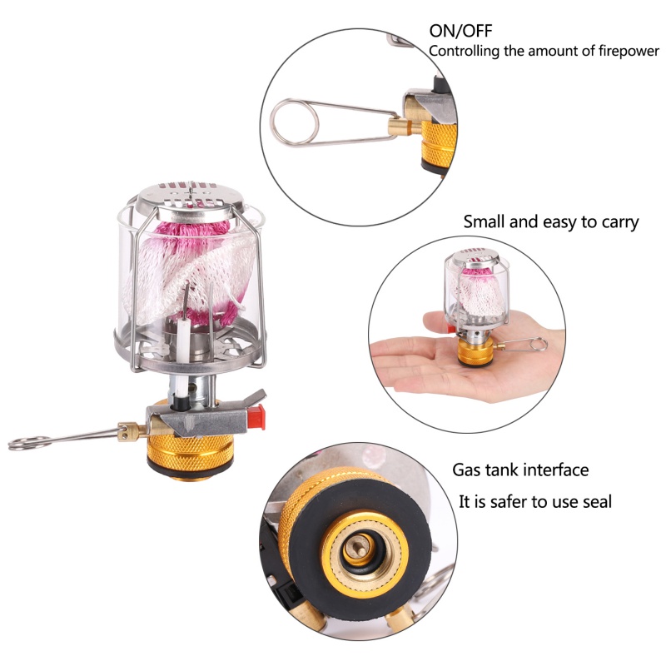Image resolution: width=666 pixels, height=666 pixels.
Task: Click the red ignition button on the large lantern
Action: (258, 417)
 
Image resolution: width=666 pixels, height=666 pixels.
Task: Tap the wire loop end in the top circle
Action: (294, 122)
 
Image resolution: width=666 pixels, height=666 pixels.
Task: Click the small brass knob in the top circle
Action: (400, 127)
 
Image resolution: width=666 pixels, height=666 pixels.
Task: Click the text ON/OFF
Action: (460, 31)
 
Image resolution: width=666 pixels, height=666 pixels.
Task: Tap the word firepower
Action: (629, 52)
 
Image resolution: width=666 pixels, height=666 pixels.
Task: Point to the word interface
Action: (555, 470)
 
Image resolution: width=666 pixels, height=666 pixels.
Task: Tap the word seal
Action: (597, 502)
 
